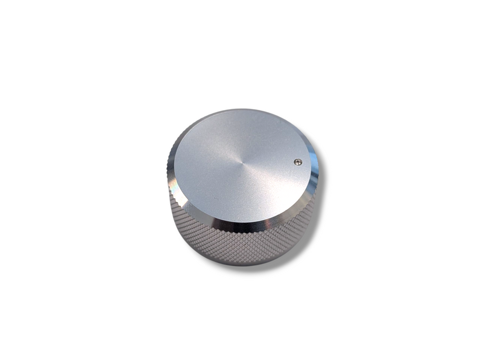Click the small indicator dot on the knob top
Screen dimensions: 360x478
click(x=298, y=162)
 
